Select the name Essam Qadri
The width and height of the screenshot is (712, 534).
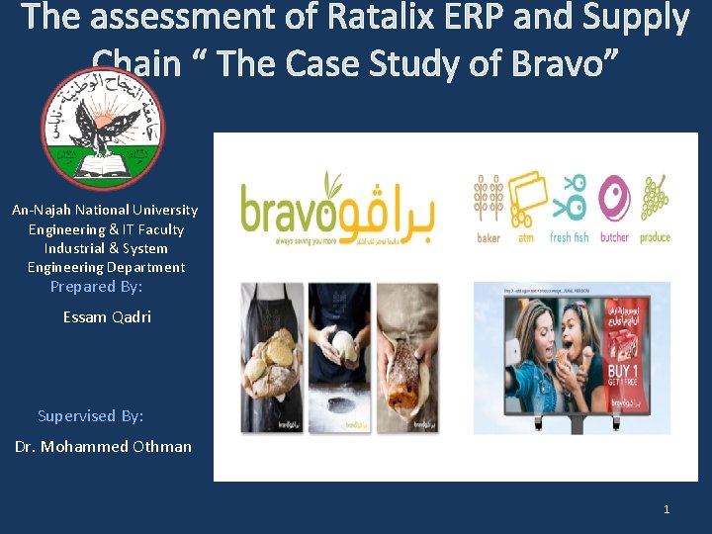click(x=107, y=317)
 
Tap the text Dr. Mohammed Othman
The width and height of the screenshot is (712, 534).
click(x=103, y=446)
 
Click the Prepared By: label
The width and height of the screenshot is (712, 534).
click(x=96, y=286)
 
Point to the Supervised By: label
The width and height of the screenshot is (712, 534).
click(x=90, y=415)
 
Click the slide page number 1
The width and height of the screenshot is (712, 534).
click(x=666, y=508)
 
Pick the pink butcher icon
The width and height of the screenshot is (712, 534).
click(x=614, y=199)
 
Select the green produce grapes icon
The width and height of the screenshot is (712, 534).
click(x=655, y=199)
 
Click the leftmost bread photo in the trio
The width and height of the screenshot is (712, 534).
click(x=272, y=357)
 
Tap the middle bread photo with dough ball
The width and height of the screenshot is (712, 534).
click(x=339, y=357)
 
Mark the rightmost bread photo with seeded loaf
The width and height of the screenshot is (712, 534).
click(x=406, y=357)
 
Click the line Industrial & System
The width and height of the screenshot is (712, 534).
click(x=106, y=248)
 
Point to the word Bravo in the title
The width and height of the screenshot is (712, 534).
click(x=554, y=63)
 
